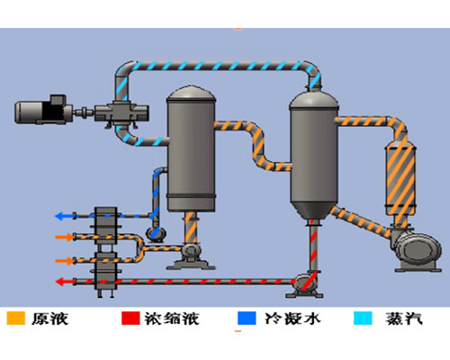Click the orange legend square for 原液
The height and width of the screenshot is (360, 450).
tap(16, 318)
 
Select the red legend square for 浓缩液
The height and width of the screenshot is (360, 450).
tap(130, 318)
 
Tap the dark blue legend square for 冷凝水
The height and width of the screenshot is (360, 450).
tap(247, 318)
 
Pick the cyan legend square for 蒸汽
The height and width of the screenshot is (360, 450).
tap(363, 318)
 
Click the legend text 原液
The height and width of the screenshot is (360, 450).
tap(50, 319)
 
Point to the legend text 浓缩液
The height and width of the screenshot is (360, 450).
tap(172, 319)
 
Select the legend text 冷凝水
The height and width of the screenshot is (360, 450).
tap(292, 319)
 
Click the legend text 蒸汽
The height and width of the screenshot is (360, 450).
tap(404, 319)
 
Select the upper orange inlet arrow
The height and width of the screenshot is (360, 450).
tap(65, 237)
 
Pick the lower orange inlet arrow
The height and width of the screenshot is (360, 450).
tap(65, 260)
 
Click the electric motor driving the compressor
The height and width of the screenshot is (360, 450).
tap(43, 110)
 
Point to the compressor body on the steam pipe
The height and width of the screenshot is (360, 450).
tap(121, 113)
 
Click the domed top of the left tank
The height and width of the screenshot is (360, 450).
tap(191, 94)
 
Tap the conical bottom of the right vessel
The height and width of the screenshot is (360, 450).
tap(314, 210)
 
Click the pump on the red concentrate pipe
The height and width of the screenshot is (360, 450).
tap(305, 284)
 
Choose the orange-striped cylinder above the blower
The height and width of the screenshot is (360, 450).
tap(400, 179)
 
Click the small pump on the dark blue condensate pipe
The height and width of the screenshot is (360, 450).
tap(155, 233)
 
